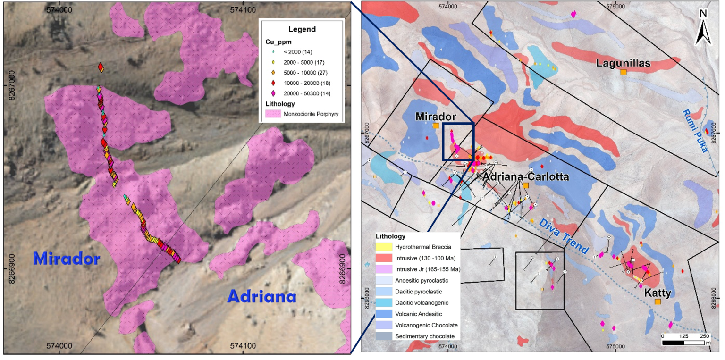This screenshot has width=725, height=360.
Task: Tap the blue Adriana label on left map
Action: [x=261, y=296]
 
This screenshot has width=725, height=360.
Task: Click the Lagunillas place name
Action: [x=623, y=63]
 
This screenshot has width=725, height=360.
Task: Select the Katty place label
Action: [x=658, y=293]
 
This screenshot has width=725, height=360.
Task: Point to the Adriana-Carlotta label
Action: [x=525, y=177]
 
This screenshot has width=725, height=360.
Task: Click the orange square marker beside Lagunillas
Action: [x=624, y=72]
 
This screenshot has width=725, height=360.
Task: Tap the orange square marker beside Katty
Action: [x=658, y=301]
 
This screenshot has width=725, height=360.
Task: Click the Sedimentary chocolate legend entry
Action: [x=415, y=336]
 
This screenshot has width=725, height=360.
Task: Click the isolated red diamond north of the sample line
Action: [x=101, y=67]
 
